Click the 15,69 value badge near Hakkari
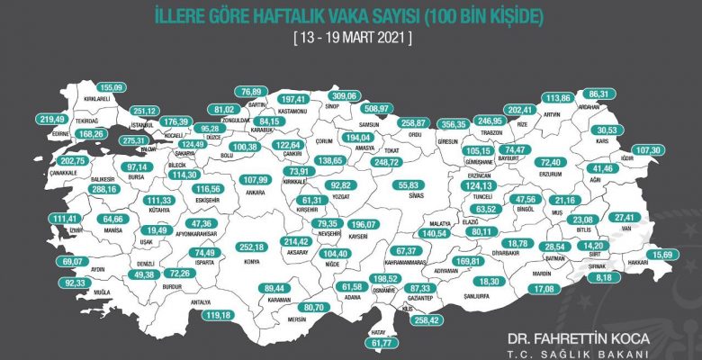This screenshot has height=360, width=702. (672, 255)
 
